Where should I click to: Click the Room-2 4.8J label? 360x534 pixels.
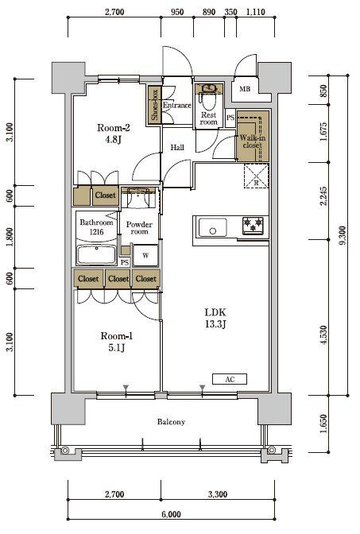click(114, 133)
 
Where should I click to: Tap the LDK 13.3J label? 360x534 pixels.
click(215, 318)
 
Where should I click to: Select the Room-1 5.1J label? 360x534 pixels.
click(117, 342)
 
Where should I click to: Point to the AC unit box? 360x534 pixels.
click(230, 379)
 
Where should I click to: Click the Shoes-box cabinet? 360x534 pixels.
click(154, 104)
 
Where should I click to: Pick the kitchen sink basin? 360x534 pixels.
click(213, 227)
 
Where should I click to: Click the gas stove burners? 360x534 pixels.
click(253, 226)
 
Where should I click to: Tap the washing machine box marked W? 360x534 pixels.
click(145, 255)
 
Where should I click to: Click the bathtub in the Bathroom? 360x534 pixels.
click(97, 254)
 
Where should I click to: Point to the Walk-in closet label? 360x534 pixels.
click(253, 141)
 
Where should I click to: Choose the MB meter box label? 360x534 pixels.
click(245, 89)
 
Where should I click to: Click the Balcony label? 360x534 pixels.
click(171, 422)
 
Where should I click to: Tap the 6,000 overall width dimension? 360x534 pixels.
click(172, 514)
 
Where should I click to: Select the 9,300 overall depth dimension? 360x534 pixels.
click(343, 235)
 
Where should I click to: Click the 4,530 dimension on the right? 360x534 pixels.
click(323, 336)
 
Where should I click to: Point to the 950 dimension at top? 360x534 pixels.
click(177, 12)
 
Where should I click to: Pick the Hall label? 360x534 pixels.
click(177, 148)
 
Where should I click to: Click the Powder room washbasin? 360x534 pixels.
click(138, 198)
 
